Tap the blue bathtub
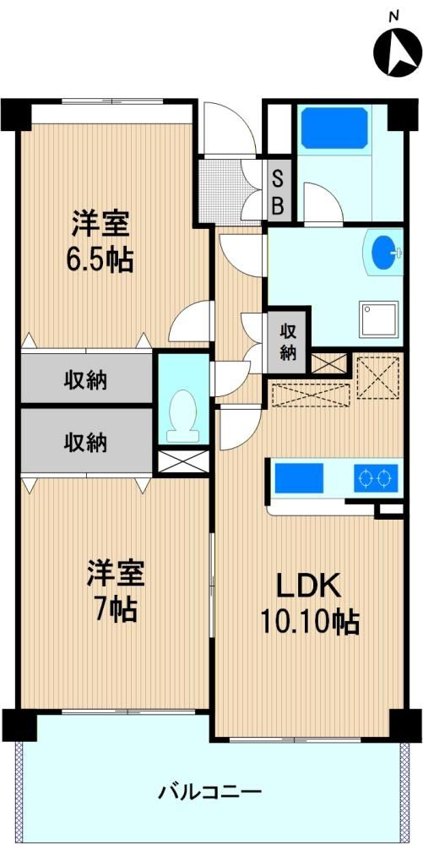click(334, 128)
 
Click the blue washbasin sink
click(385, 253)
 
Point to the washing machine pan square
click(379, 319)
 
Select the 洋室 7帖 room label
click(117, 591)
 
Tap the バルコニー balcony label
click(210, 793)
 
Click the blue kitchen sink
click(299, 478)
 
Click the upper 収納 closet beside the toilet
click(86, 379)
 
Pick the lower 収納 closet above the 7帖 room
click(86, 442)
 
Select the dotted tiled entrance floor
click(221, 190)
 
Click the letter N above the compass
click(394, 17)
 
